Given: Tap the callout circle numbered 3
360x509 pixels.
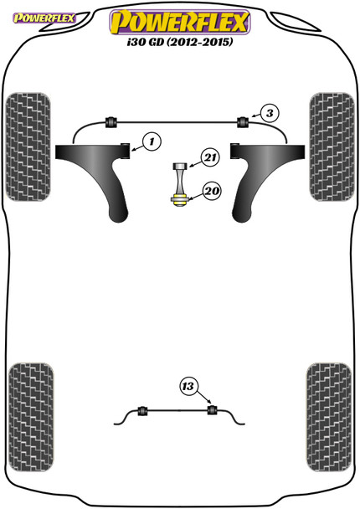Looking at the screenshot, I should tap(267, 112).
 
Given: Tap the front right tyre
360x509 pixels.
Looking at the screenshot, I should tap(330, 157).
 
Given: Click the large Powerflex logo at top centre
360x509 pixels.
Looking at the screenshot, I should tap(179, 19).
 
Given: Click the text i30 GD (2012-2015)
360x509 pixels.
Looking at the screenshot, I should tap(179, 42).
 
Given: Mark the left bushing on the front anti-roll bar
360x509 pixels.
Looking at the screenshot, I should tap(109, 121).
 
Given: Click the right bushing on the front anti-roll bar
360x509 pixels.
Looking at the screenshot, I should tap(244, 121).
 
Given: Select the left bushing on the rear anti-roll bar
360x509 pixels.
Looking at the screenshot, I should tap(141, 410).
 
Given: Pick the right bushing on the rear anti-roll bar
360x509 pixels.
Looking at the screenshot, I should tap(213, 410).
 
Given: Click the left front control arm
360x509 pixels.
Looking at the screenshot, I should tap(96, 176).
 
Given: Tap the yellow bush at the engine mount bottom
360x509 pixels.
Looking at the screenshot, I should tap(177, 198).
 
